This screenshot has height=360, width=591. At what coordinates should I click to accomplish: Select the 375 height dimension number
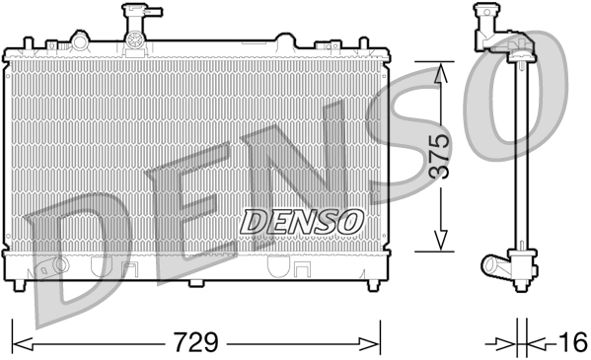coord(441,155)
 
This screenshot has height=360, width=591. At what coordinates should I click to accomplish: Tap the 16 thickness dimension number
coord(569,343)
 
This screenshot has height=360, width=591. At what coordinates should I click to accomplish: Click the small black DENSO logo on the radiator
coord(303,221)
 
